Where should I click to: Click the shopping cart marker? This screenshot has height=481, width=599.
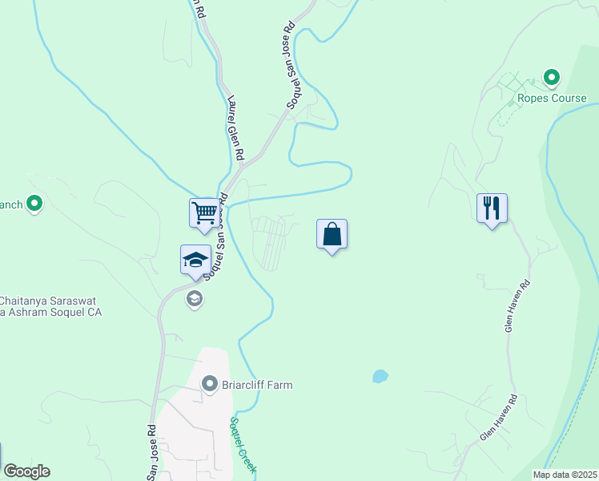click(205, 213)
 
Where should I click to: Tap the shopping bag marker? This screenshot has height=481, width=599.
click(332, 235)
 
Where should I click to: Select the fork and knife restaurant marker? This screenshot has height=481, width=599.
click(492, 208)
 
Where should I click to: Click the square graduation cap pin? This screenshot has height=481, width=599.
click(196, 260)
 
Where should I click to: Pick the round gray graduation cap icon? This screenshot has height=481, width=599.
click(194, 299)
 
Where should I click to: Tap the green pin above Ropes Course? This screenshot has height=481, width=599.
click(551, 78)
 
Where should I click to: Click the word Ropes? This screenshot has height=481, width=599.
click(533, 99)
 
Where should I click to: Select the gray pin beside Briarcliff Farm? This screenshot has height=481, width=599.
click(210, 385)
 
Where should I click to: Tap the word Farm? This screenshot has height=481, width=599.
click(280, 385)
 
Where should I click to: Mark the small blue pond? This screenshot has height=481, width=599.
click(380, 376)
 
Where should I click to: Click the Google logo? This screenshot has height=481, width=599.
click(26, 471)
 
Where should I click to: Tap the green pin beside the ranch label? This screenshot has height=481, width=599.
click(34, 204)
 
